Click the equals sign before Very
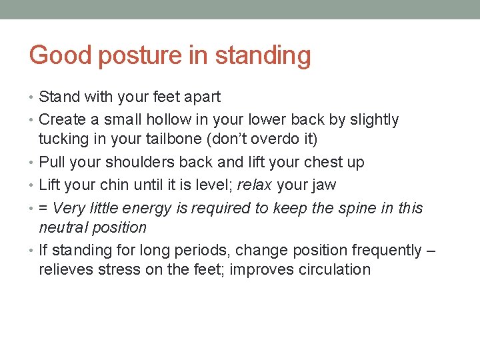(x=44, y=208)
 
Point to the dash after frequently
(x=431, y=251)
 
